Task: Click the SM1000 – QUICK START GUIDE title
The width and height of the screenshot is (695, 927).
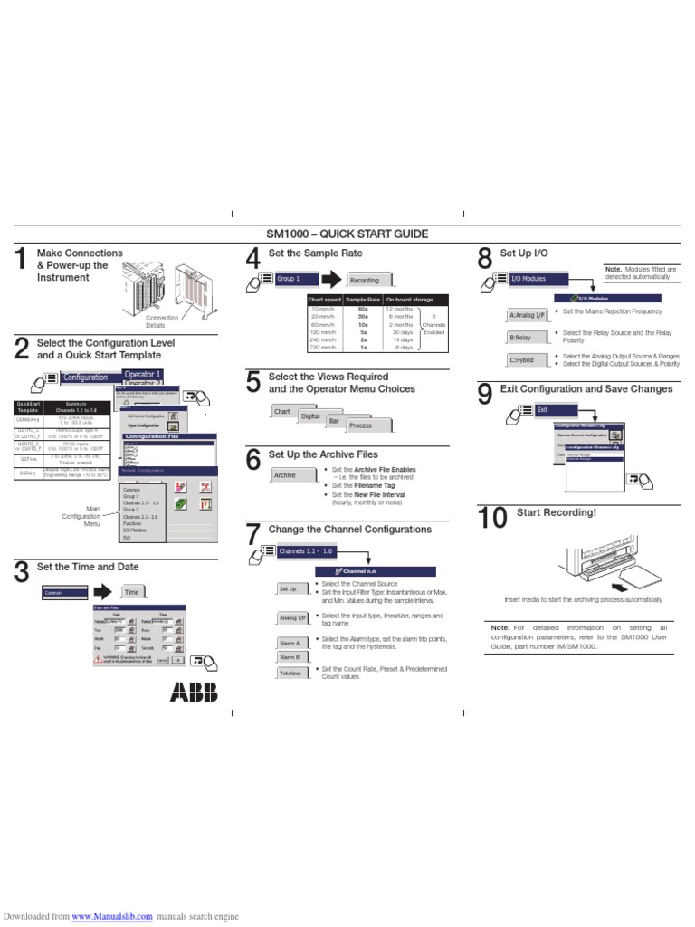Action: click(347, 234)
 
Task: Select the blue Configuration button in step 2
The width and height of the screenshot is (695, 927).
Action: click(87, 377)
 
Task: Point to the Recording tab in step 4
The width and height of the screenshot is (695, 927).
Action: click(365, 281)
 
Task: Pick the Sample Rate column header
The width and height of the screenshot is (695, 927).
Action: click(362, 300)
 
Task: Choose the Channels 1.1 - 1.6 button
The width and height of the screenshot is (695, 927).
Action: click(307, 550)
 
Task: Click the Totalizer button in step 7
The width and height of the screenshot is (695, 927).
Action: click(290, 674)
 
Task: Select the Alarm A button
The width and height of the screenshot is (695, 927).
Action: click(290, 643)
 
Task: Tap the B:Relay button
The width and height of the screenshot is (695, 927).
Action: click(523, 338)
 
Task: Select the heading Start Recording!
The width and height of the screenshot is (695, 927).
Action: click(557, 513)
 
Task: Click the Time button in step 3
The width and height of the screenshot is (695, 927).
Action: click(132, 591)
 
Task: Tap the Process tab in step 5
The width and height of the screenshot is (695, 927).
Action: click(360, 425)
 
